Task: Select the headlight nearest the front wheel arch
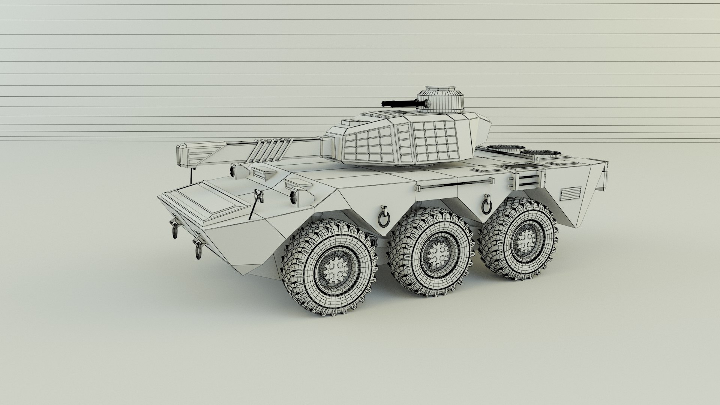tap(293, 196)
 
